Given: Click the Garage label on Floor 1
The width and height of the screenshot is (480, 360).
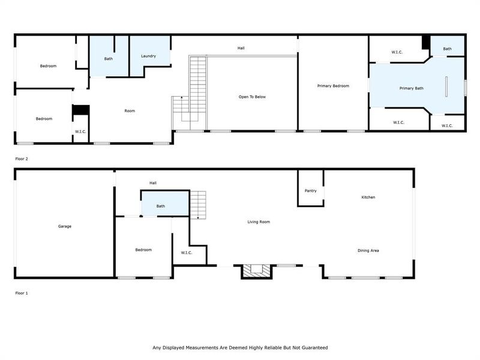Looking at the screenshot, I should tap(65, 226).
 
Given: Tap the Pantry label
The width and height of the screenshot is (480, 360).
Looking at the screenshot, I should tap(310, 191).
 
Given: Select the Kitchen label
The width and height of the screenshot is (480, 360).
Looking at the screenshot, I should tap(368, 197).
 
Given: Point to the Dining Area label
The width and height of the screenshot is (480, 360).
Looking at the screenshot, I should tap(368, 250).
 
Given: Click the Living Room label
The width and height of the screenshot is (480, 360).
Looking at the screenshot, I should tap(259, 222).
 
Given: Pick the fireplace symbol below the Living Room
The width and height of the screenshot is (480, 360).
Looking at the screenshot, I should tap(257, 271).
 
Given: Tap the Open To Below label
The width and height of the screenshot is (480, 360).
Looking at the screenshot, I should tap(252, 97).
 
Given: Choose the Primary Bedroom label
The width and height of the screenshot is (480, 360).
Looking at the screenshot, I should tap(333, 86).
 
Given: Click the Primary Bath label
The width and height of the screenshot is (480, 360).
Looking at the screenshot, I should tap(411, 88).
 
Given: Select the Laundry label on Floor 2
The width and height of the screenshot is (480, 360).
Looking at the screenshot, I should tap(149, 56).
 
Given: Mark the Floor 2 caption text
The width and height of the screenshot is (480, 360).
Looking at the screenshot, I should tap(22, 159).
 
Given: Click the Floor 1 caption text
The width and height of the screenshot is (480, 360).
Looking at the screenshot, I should tap(22, 293).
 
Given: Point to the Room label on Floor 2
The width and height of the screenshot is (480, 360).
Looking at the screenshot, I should tap(130, 110).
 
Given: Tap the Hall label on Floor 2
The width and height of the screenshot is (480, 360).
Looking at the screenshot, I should tap(241, 48).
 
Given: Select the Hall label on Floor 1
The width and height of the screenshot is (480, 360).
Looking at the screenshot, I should tap(153, 183).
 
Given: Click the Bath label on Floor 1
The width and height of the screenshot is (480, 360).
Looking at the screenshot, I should tap(161, 206).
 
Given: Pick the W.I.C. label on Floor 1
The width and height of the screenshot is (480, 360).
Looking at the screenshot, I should tap(187, 253).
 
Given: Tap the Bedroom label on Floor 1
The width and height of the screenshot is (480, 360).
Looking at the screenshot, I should tap(143, 250).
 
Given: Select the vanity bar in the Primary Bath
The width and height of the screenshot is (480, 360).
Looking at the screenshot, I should tap(446, 86).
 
